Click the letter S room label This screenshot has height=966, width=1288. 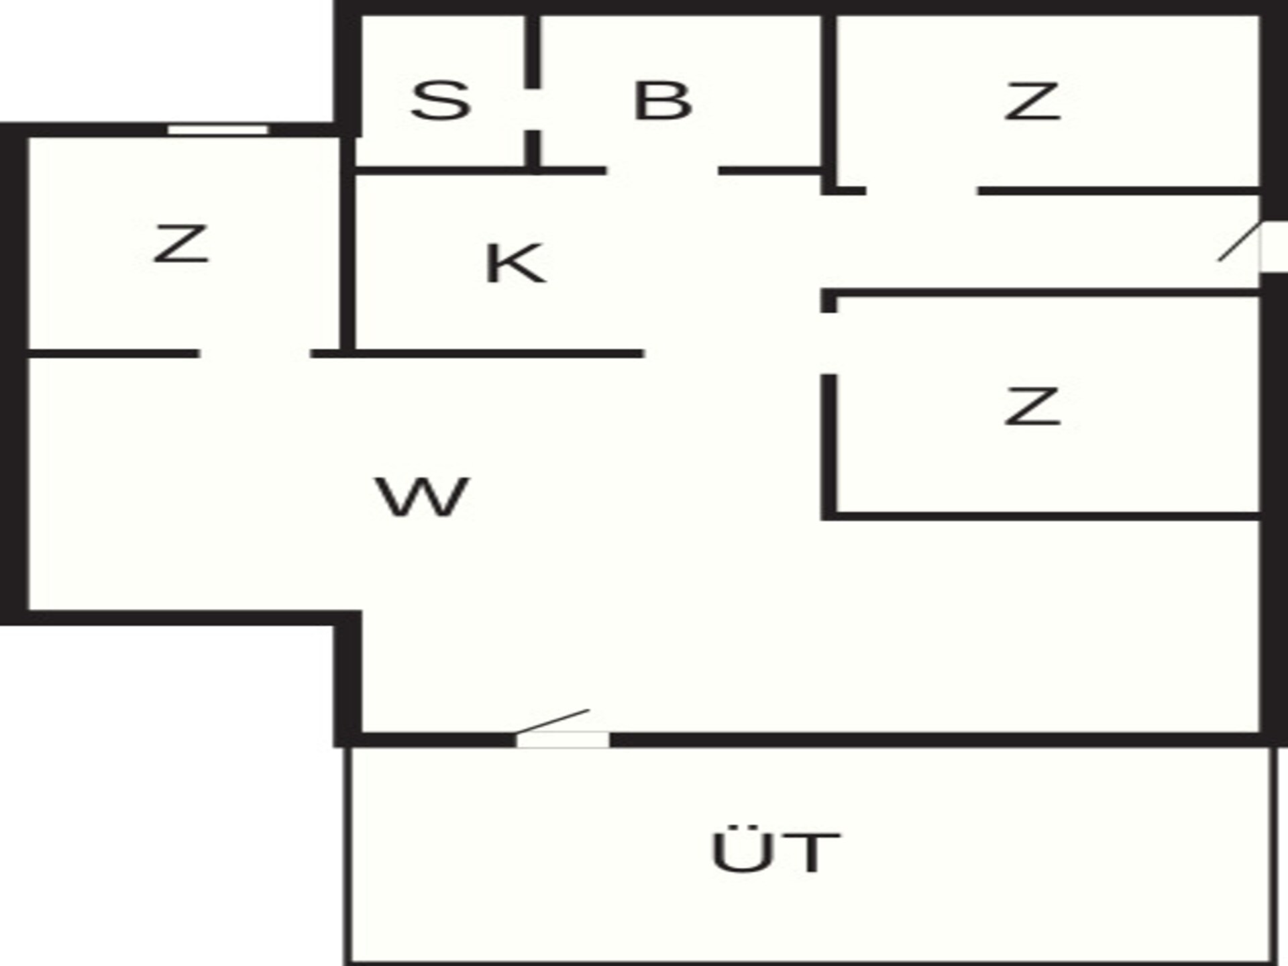pos(441,101)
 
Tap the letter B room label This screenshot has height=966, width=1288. pos(663,101)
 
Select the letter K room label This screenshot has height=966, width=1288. pos(515,264)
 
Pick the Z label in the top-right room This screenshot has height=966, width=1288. pos(1032,101)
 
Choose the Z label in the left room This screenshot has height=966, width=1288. pos(181,244)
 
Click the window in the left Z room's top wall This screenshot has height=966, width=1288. pos(218,129)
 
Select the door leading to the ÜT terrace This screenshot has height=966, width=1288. pos(562,739)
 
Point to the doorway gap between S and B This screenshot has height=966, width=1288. pos(532,109)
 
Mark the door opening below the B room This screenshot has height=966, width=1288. pos(662,171)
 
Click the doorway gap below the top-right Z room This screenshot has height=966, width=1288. pos(922,191)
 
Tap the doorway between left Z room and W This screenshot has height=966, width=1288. pos(255,354)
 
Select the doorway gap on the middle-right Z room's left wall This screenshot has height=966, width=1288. pos(829,343)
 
